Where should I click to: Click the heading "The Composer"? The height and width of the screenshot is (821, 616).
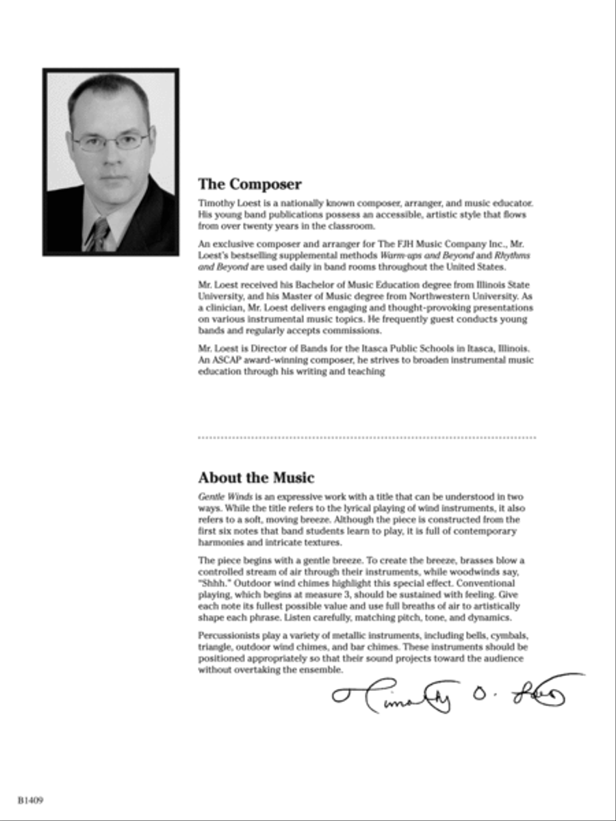[x=250, y=184]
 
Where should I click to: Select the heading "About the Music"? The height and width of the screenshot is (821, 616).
[x=257, y=478]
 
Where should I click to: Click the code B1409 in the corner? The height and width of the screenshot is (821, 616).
[x=31, y=800]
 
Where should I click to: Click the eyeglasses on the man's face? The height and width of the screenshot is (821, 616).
[x=111, y=142]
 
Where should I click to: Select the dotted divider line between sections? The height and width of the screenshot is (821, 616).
[x=367, y=437]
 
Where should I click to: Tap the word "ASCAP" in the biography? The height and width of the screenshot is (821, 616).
[x=227, y=361]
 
